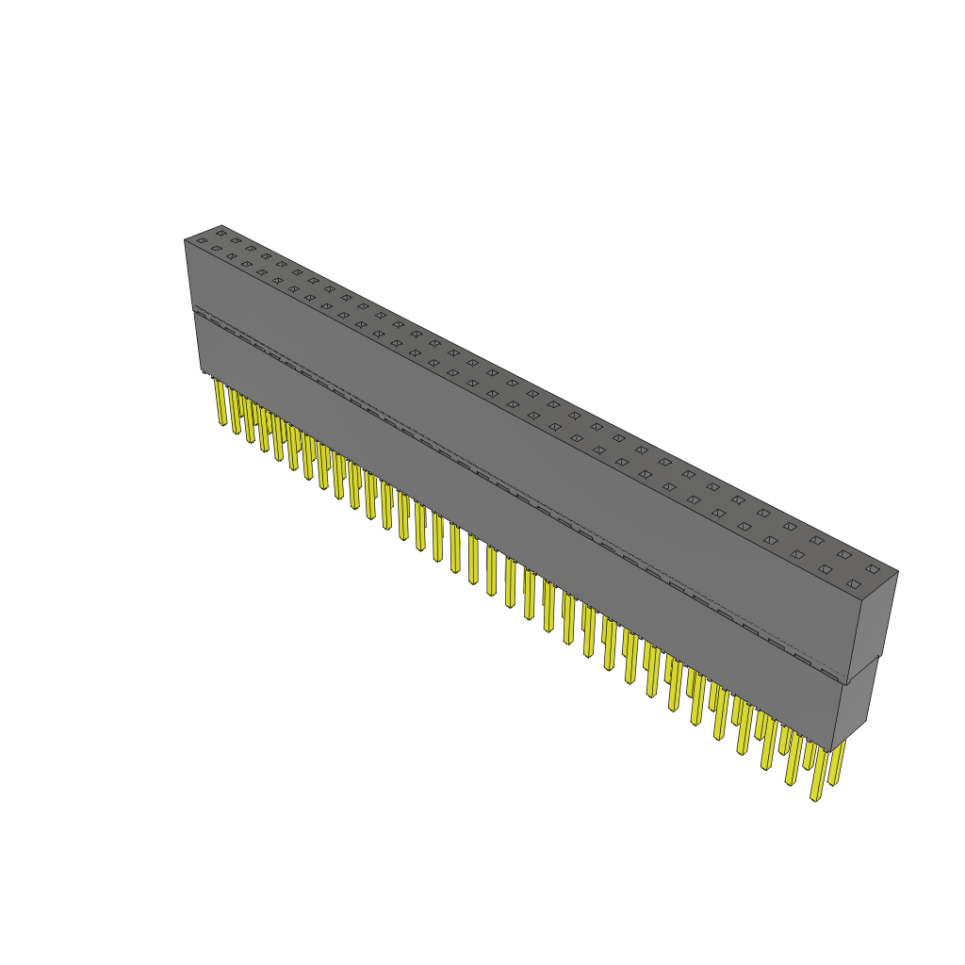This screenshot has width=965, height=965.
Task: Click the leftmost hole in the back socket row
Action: pos(221,232)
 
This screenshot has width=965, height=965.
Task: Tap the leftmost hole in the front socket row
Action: pos(202,241)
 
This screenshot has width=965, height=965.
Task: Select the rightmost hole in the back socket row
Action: pos(873,569)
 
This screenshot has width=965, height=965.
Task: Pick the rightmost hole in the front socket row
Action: pos(853,584)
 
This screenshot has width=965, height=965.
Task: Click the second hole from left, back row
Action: pos(237,239)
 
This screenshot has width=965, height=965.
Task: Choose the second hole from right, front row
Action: pos(826,569)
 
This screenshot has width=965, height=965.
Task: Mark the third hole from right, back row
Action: pos(817,540)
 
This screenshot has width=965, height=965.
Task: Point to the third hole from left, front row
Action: pos(232,256)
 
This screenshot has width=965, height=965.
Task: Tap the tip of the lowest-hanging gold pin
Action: pos(815,798)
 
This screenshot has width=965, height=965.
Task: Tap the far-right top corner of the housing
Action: pos(897,571)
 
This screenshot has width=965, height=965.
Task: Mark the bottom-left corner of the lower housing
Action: pos(201,372)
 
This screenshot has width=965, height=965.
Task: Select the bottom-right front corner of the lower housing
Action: pos(832,750)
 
